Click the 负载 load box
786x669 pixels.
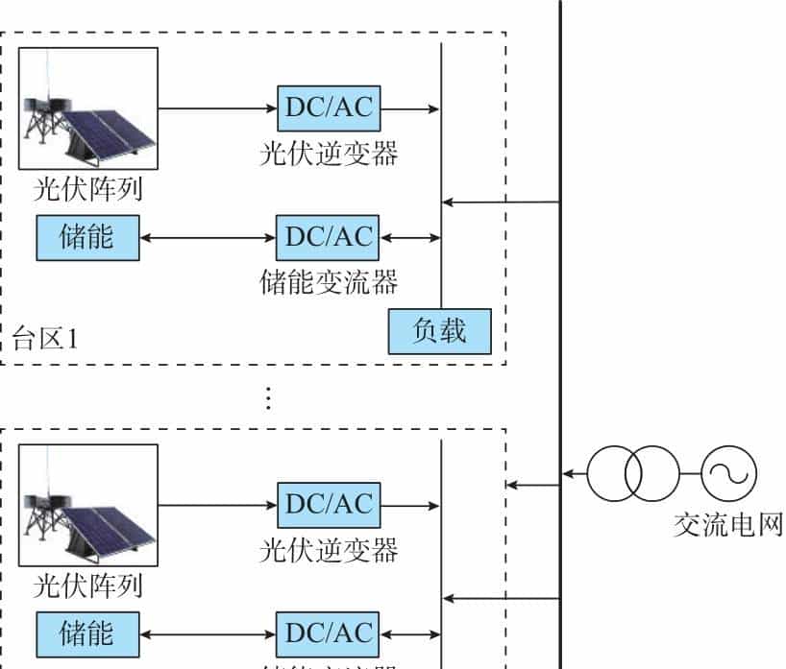439,332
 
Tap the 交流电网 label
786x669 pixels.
727,525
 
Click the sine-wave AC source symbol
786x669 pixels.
729,473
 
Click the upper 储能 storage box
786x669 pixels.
86,237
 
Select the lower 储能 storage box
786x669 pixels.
87,634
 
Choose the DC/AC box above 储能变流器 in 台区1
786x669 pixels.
328,237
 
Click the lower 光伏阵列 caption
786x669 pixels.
87,585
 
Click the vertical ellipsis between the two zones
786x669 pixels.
268,398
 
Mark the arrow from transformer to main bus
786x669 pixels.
575,473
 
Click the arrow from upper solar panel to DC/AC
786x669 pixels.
217,108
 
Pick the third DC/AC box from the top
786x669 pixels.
328,504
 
